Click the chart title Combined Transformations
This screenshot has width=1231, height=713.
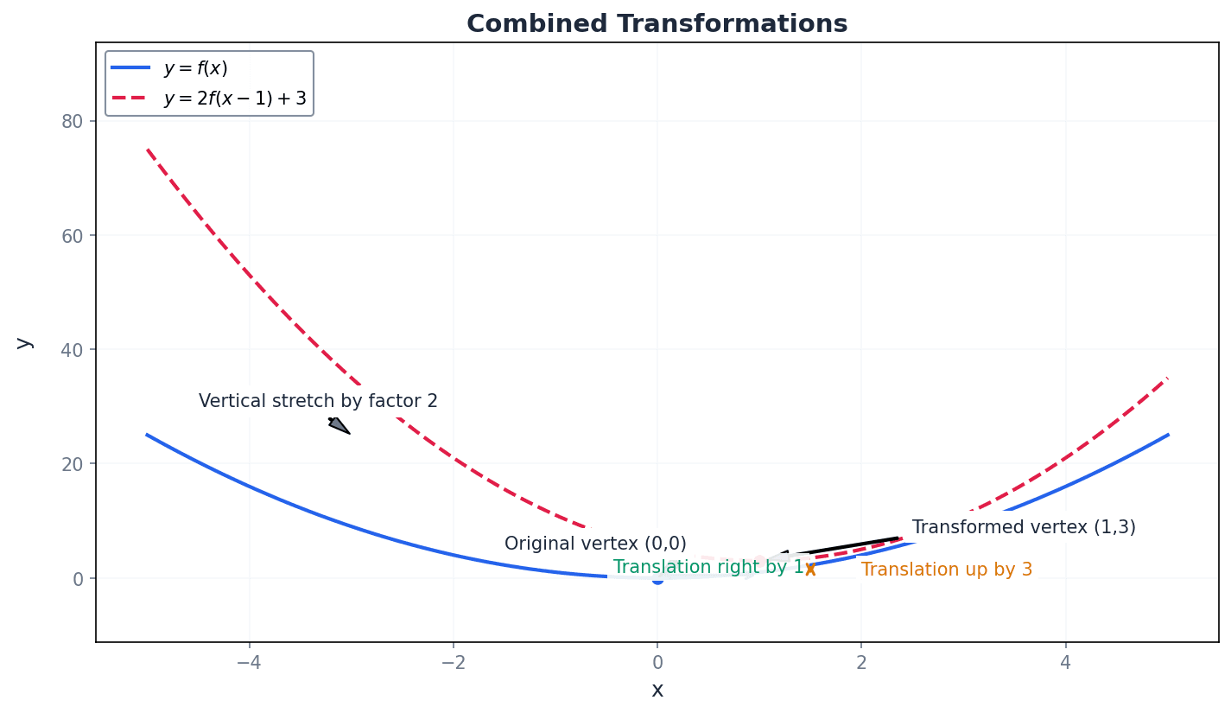click(x=657, y=24)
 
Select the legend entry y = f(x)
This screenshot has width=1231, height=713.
click(x=195, y=68)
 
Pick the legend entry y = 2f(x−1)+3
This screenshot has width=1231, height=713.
click(x=234, y=99)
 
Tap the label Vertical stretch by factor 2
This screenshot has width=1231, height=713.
click(x=318, y=401)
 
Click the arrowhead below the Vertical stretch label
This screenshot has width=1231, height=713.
click(x=339, y=425)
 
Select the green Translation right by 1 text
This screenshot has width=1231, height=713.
click(x=708, y=567)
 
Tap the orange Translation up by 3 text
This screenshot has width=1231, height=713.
click(x=946, y=570)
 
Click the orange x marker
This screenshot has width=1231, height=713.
click(x=810, y=569)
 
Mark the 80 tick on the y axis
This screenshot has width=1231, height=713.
click(x=72, y=121)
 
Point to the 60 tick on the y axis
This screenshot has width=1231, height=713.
click(x=72, y=235)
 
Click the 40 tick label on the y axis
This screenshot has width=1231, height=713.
click(x=72, y=349)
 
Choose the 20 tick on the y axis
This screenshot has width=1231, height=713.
click(x=72, y=464)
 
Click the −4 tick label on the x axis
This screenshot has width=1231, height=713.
click(x=249, y=663)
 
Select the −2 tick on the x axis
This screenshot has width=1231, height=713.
click(x=453, y=663)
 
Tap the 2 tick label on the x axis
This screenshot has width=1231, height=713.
click(x=861, y=663)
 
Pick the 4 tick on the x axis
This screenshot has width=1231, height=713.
click(x=1065, y=663)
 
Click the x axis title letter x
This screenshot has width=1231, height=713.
click(x=657, y=690)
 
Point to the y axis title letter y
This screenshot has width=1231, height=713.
click(x=23, y=342)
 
